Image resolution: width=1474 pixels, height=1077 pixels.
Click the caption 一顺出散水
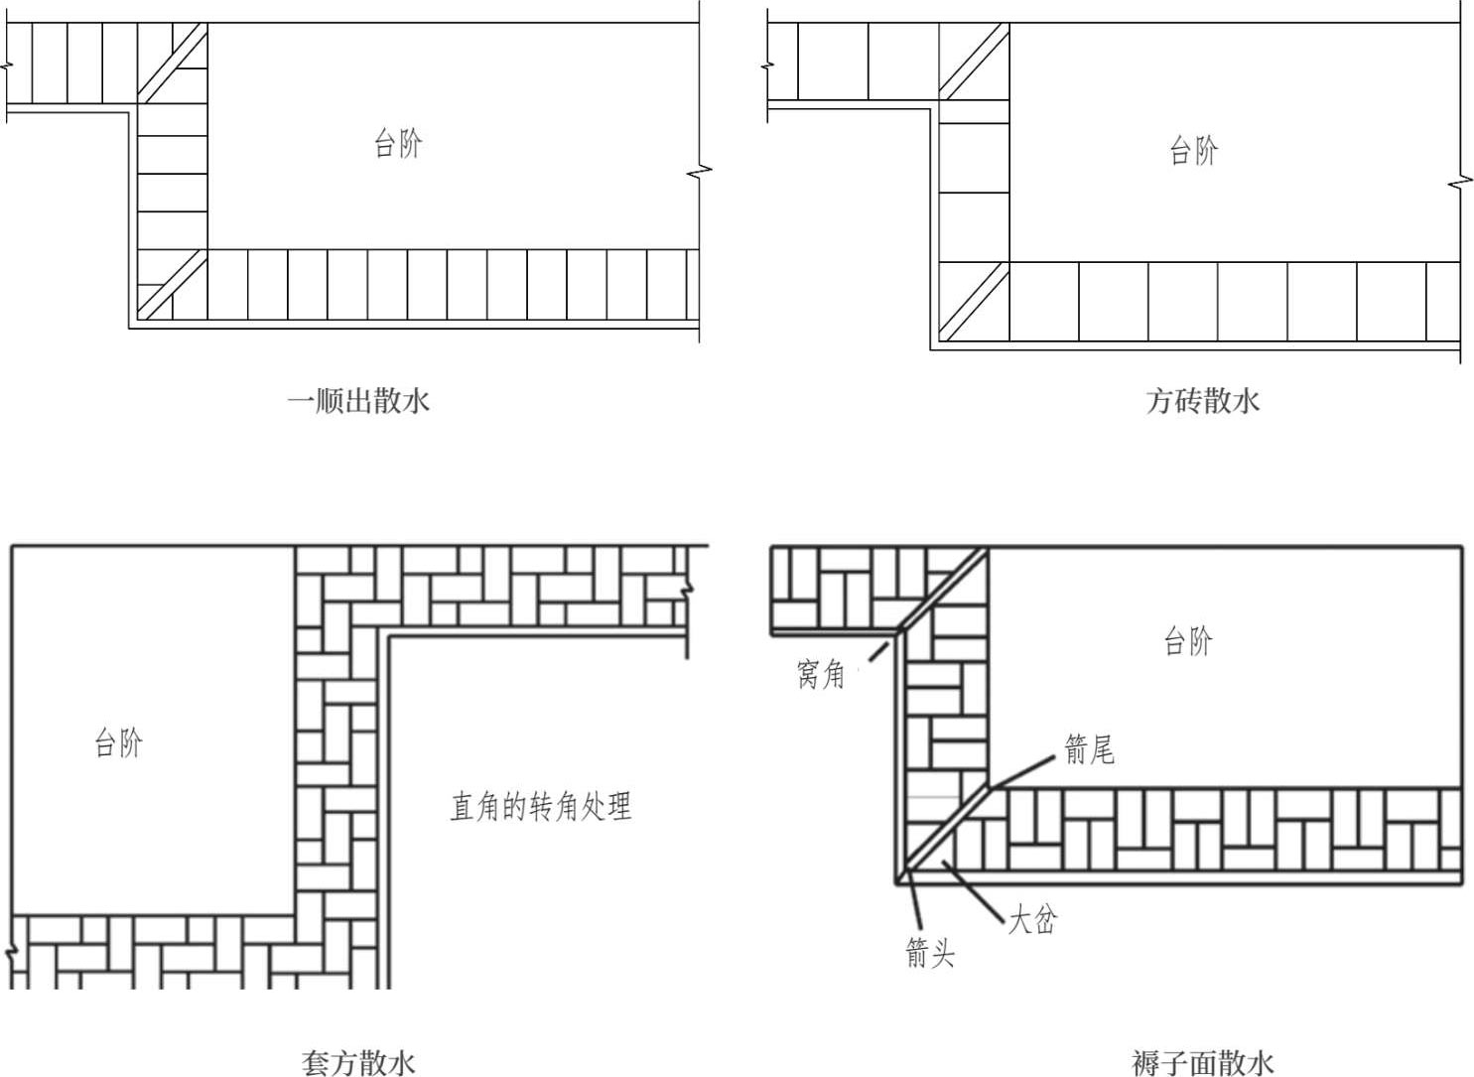[358, 401]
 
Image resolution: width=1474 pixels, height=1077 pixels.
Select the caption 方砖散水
[1203, 401]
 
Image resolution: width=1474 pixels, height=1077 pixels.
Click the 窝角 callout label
[820, 675]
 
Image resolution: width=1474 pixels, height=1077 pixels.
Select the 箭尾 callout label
[1090, 750]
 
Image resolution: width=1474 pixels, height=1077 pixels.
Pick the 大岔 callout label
[1032, 919]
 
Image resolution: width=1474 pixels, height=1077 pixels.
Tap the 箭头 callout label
[930, 953]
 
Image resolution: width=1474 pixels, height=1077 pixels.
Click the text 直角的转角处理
[541, 806]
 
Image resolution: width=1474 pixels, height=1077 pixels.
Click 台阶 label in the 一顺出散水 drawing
[398, 143]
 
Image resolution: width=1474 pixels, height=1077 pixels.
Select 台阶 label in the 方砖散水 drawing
[1194, 151]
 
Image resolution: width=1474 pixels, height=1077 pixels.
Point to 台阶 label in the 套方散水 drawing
[118, 743]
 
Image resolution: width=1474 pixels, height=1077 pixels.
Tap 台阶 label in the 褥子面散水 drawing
[1188, 641]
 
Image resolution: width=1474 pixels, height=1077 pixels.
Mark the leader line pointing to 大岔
[973, 888]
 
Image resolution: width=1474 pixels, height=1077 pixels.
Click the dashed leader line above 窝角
[878, 652]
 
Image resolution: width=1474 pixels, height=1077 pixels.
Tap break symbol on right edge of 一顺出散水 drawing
[699, 173]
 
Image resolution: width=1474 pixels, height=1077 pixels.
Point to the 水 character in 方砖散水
[1247, 401]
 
